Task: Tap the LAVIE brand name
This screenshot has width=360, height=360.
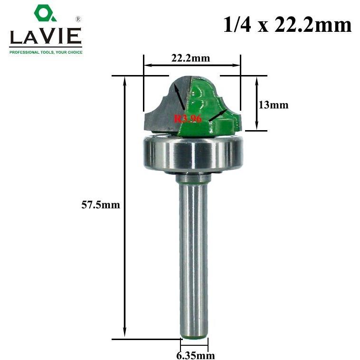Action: [x=46, y=36]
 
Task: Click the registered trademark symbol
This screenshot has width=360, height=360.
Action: [x=78, y=19]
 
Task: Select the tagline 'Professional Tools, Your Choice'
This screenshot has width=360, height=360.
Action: [x=46, y=52]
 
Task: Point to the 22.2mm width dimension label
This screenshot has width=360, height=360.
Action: [x=190, y=58]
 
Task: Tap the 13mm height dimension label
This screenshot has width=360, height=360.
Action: [x=274, y=105]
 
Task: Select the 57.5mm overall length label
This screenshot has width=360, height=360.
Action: [x=101, y=205]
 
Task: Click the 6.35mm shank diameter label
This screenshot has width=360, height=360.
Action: [x=196, y=355]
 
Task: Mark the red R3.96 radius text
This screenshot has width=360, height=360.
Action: [x=188, y=119]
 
